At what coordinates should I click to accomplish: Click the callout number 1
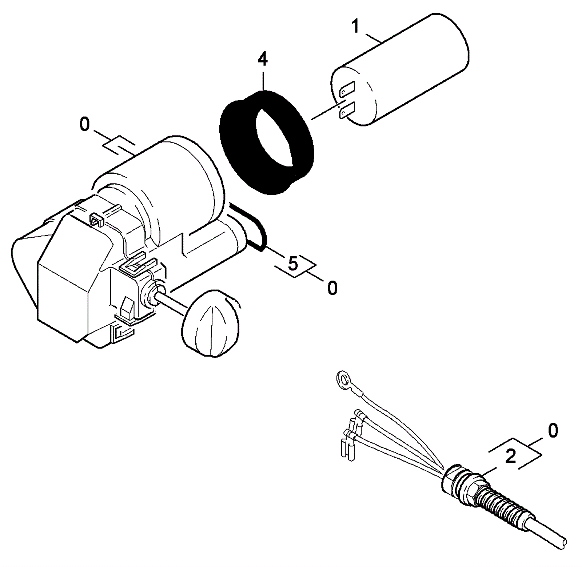pyautogui.click(x=355, y=27)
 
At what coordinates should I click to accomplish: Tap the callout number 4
pyautogui.click(x=262, y=60)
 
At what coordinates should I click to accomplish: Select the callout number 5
pyautogui.click(x=293, y=263)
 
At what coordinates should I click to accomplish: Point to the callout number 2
pyautogui.click(x=511, y=457)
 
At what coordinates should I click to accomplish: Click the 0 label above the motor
pyautogui.click(x=84, y=125)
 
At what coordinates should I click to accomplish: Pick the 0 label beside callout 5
pyautogui.click(x=332, y=288)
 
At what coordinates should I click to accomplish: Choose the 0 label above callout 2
pyautogui.click(x=553, y=431)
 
